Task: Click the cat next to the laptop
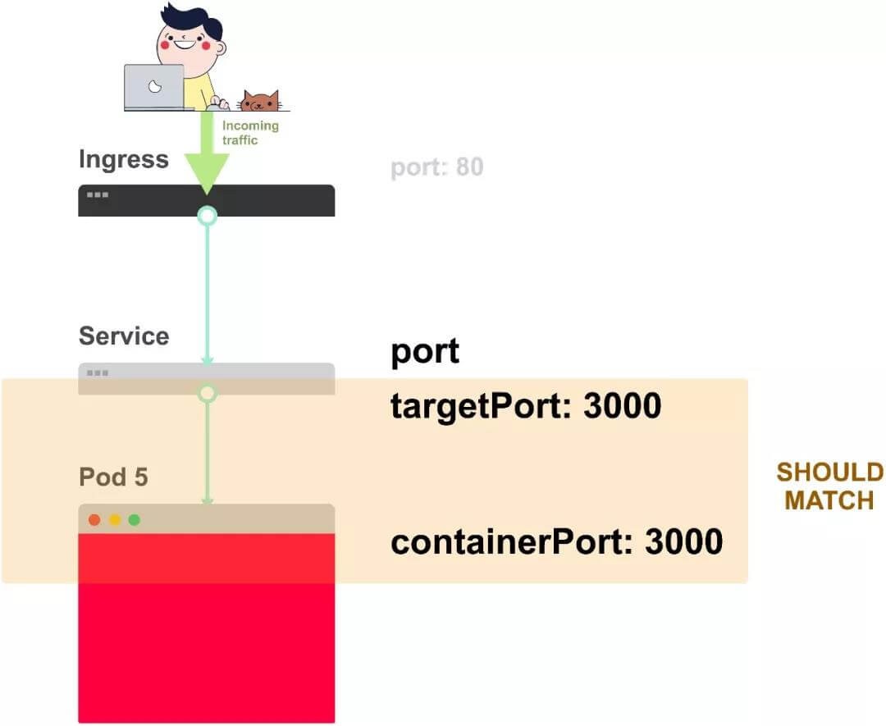pyautogui.click(x=259, y=101)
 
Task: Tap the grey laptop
pyautogui.click(x=154, y=87)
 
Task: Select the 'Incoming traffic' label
pyautogui.click(x=250, y=133)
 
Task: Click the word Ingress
pyautogui.click(x=124, y=159)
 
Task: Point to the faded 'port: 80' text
pyautogui.click(x=436, y=167)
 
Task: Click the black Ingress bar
pyautogui.click(x=271, y=200)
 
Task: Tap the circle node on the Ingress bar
pyautogui.click(x=208, y=216)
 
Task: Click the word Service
pyautogui.click(x=124, y=336)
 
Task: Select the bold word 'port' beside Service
pyautogui.click(x=425, y=351)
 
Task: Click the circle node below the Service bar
pyautogui.click(x=208, y=394)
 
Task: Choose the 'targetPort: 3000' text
pyautogui.click(x=526, y=406)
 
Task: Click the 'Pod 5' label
pyautogui.click(x=113, y=477)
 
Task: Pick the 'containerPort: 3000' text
pyautogui.click(x=556, y=542)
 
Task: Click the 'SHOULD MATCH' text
pyautogui.click(x=829, y=486)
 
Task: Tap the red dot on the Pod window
pyautogui.click(x=94, y=519)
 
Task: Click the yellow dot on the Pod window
pyautogui.click(x=115, y=519)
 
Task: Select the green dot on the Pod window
pyautogui.click(x=135, y=519)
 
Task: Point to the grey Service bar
pyautogui.click(x=271, y=373)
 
